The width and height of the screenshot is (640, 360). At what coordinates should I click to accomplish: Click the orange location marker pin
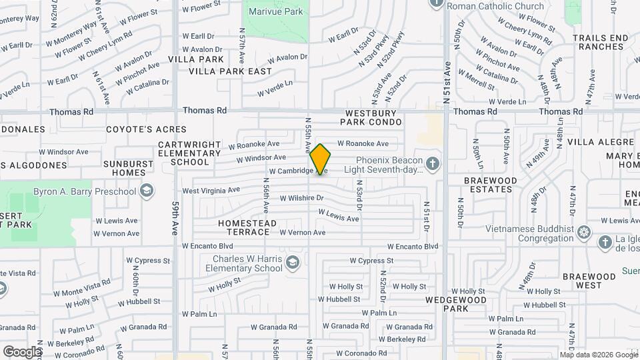[x=321, y=159]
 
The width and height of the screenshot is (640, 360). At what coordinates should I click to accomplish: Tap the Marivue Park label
[x=275, y=11]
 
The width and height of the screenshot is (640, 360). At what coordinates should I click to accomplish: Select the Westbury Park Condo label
[x=371, y=118]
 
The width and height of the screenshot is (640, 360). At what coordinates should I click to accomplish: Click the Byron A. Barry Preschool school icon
[x=146, y=192]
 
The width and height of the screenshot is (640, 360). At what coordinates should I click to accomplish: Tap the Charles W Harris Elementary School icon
[x=291, y=263]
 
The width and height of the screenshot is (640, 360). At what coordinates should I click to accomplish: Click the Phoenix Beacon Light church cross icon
[x=432, y=164]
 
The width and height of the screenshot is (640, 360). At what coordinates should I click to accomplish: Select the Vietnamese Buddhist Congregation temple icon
[x=584, y=233]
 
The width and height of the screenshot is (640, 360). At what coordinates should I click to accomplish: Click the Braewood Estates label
[x=489, y=185]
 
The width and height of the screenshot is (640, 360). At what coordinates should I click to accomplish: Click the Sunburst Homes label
[x=125, y=167]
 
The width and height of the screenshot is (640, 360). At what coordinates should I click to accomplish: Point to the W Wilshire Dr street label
[x=301, y=198]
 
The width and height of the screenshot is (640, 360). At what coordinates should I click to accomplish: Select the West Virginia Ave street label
[x=211, y=190]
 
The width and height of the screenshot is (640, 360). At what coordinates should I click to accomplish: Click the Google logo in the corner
[x=22, y=351]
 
